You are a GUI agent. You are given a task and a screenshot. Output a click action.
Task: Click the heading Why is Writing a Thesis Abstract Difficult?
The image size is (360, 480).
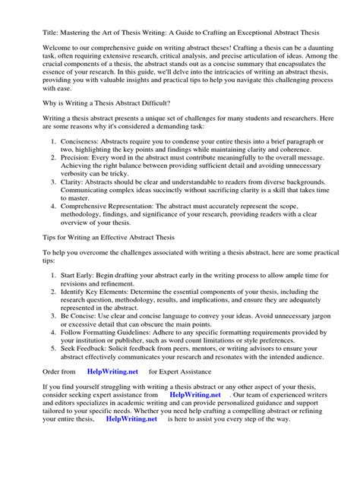click(106, 103)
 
